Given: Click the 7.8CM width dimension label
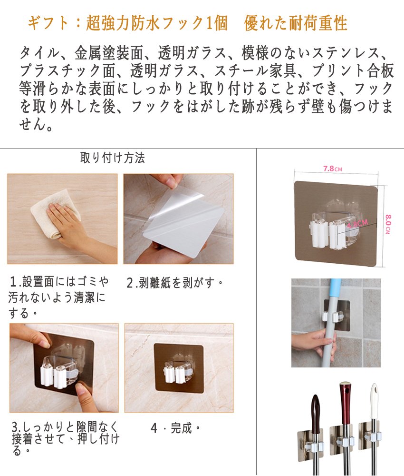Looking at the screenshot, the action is (x=333, y=169).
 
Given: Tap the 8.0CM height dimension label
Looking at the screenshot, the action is (x=388, y=224).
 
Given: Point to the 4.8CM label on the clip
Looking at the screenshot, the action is (x=357, y=224).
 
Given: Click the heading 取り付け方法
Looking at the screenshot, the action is (x=113, y=158).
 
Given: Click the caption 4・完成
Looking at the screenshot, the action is (x=175, y=428).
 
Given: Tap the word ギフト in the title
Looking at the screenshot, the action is (x=48, y=23).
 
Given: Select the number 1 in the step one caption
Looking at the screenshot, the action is (x=13, y=282).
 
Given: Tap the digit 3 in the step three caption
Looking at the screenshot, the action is (x=15, y=427).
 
